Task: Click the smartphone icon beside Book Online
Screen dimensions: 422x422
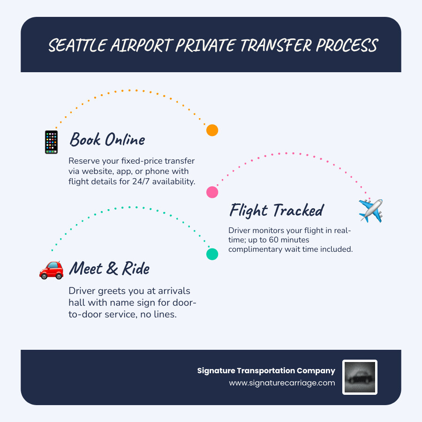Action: click(x=51, y=142)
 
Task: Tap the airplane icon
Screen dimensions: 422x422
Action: click(x=370, y=211)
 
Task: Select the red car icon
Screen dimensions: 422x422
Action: click(x=51, y=270)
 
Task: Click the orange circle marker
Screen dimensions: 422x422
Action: click(x=212, y=130)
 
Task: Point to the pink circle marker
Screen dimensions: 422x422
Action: click(x=212, y=192)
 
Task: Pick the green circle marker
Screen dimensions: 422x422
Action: click(x=212, y=254)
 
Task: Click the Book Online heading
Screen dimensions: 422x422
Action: click(x=107, y=140)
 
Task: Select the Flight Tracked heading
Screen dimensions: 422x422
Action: click(x=276, y=210)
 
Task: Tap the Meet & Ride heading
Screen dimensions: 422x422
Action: click(x=109, y=268)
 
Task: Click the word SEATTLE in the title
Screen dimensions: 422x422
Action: click(x=77, y=46)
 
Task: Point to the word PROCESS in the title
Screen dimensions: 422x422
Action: click(x=347, y=46)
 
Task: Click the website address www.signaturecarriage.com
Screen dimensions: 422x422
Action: click(x=282, y=383)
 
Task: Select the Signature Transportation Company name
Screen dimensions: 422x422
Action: click(x=266, y=370)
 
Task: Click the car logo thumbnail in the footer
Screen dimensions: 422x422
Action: click(x=360, y=377)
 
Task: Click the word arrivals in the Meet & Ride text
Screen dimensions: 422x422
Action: click(x=170, y=291)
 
